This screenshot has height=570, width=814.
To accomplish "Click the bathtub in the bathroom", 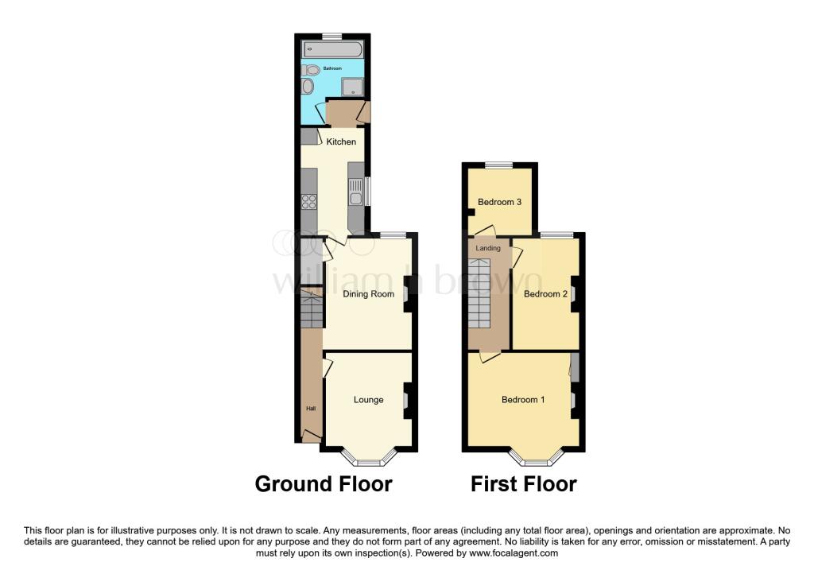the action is coord(332,49).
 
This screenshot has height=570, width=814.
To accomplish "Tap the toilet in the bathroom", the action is coord(310,70).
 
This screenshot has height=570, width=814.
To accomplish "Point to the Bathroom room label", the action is coord(332,68).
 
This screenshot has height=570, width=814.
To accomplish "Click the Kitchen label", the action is coord(341,142).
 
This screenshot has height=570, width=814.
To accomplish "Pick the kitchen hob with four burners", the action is coord(309,201).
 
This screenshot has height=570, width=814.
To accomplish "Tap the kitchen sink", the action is coord(355,192).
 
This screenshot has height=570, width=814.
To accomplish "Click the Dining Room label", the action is coord(369,294).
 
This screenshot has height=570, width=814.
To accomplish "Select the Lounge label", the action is coord(369,400).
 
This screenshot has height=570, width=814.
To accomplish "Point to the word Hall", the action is coord(311,409).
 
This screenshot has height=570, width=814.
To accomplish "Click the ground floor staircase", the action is coord(312,310).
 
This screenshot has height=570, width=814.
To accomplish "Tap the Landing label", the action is coord(488,248).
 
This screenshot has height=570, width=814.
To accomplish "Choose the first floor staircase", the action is coord(479,293).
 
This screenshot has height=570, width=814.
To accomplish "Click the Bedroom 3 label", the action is coord(499,202).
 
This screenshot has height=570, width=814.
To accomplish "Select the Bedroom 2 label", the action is coord(545,294).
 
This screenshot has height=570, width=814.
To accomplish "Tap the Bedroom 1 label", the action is coord(523,400).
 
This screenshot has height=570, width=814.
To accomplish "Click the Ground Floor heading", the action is coord(324,484).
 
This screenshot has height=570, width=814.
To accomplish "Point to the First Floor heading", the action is coord(523,484).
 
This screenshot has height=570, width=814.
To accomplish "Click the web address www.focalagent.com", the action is coord(514,553).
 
